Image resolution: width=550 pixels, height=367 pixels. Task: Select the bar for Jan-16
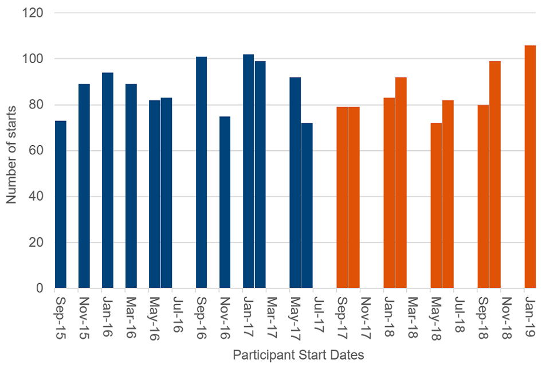tap(108, 180)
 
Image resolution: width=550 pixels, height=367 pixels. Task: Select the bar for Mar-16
tap(131, 186)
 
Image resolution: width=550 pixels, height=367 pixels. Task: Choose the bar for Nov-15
tap(84, 186)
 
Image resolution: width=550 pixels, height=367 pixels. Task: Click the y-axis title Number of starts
tap(12, 150)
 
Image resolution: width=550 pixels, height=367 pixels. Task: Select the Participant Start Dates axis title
tap(298, 355)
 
